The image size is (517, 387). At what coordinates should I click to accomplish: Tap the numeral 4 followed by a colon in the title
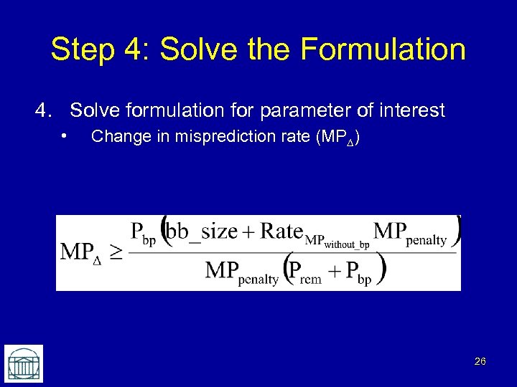click(136, 50)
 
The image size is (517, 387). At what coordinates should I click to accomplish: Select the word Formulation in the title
click(383, 50)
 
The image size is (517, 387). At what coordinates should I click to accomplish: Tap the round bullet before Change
click(65, 135)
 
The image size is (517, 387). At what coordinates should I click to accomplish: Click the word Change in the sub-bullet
click(116, 136)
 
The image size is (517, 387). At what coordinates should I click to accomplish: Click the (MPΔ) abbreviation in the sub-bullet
click(337, 137)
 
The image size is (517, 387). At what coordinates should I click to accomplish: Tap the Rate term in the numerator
click(281, 231)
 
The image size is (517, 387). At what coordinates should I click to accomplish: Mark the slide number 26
click(480, 362)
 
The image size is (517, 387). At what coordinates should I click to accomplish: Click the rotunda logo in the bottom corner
click(24, 363)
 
